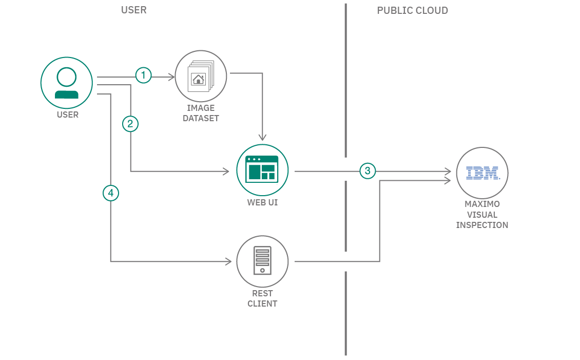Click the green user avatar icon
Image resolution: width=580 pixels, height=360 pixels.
pyautogui.click(x=67, y=83)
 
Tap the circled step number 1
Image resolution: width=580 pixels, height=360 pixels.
pyautogui.click(x=143, y=75)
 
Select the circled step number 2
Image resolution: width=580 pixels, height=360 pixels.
pyautogui.click(x=130, y=124)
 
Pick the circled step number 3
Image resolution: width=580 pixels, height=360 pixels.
pyautogui.click(x=368, y=170)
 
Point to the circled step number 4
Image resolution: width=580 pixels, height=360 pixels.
pyautogui.click(x=111, y=193)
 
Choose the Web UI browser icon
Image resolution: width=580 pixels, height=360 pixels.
pyautogui.click(x=262, y=170)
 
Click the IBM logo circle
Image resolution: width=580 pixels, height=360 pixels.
pyautogui.click(x=482, y=173)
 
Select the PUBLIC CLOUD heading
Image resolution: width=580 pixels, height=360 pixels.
pyautogui.click(x=412, y=10)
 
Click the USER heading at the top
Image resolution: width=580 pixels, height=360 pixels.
pyautogui.click(x=134, y=10)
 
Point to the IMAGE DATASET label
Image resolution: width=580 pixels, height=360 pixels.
pyautogui.click(x=201, y=113)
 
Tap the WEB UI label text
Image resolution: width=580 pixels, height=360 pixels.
pyautogui.click(x=262, y=202)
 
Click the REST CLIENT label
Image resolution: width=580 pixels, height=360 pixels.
pyautogui.click(x=262, y=298)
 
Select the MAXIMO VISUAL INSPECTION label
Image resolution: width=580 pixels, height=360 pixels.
pyautogui.click(x=482, y=215)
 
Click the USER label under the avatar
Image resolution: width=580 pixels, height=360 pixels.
pyautogui.click(x=68, y=115)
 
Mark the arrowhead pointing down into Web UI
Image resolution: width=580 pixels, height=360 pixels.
pyautogui.click(x=262, y=137)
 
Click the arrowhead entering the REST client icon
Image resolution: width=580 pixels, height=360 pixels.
pyautogui.click(x=228, y=262)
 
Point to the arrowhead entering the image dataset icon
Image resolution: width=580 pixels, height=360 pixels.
pyautogui.click(x=172, y=78)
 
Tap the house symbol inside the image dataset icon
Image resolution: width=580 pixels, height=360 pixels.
pyautogui.click(x=198, y=79)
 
